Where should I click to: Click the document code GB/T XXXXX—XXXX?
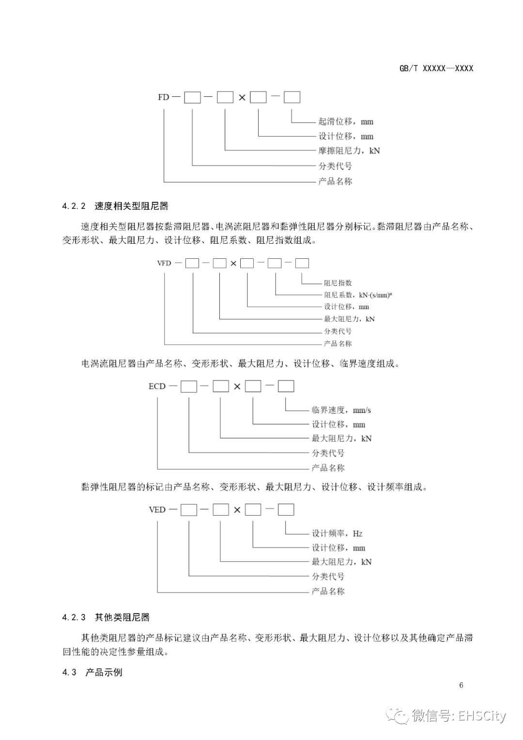pyautogui.click(x=436, y=68)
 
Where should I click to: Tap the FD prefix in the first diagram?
pyautogui.click(x=163, y=97)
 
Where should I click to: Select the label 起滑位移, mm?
pyautogui.click(x=346, y=122)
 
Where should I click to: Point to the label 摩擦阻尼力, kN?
pyautogui.click(x=349, y=151)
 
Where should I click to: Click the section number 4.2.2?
pyautogui.click(x=74, y=206)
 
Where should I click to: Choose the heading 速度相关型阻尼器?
pyautogui.click(x=131, y=206)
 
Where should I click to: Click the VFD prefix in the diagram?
pyautogui.click(x=164, y=263)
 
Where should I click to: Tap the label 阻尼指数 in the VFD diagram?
pyautogui.click(x=338, y=283)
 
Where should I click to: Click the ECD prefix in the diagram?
pyautogui.click(x=157, y=386)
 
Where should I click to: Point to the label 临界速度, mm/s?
pyautogui.click(x=341, y=410)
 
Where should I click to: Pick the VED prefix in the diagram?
pyautogui.click(x=157, y=510)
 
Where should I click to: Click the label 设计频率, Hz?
pyautogui.click(x=337, y=534)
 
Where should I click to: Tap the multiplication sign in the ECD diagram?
pyautogui.click(x=237, y=387)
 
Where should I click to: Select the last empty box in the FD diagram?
pyautogui.click(x=292, y=97)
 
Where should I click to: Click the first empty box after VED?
pyautogui.click(x=189, y=510)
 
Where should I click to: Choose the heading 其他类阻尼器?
pyautogui.click(x=122, y=617)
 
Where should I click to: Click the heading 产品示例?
pyautogui.click(x=104, y=673)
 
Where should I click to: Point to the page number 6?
pyautogui.click(x=461, y=685)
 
